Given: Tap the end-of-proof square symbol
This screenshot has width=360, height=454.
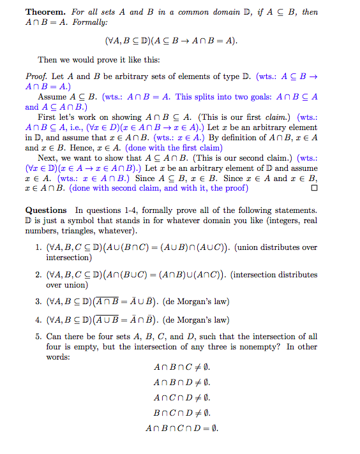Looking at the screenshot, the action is [313, 189].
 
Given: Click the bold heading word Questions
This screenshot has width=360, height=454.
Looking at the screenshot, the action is [46, 210].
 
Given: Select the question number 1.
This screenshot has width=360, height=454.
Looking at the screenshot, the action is [38, 247].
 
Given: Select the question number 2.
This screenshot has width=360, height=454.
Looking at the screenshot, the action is [38, 275].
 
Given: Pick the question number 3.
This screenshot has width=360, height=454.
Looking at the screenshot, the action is [38, 302].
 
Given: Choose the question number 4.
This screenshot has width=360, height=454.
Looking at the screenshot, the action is [38, 319].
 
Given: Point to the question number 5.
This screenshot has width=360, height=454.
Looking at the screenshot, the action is [38, 337].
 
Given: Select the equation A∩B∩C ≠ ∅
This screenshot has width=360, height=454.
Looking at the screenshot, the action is [182, 368].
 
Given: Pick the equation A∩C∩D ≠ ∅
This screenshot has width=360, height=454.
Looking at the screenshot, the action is [182, 398].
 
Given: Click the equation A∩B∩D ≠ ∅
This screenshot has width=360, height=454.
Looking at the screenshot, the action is [182, 383].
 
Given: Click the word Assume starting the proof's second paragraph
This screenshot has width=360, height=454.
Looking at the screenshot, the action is [52, 97].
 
